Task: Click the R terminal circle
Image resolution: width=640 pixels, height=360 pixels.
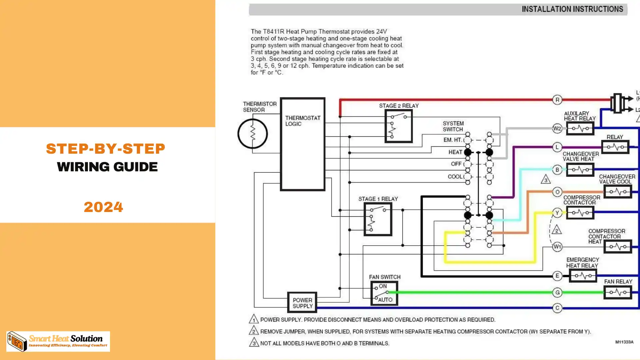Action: point(557,100)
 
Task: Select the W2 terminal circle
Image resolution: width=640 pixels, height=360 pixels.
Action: point(557,128)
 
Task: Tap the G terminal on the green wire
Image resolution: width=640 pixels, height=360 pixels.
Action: point(557,292)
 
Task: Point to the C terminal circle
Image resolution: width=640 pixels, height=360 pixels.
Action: point(557,308)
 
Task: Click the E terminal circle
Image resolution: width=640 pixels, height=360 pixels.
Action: point(557,276)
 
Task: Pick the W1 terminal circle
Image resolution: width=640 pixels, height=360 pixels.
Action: point(557,247)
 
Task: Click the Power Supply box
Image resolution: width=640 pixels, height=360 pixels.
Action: point(302,303)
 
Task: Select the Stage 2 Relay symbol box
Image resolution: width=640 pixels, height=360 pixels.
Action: point(399,126)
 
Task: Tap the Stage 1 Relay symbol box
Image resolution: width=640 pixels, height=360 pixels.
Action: point(378,219)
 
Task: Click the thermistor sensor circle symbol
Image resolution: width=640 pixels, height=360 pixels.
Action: point(253,134)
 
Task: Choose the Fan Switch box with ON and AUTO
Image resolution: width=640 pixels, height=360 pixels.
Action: point(384,293)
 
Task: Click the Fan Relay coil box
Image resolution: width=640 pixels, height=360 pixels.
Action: point(617,292)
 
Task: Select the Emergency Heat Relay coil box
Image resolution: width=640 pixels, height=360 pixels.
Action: point(583,276)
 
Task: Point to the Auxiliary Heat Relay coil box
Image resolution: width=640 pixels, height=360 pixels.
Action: point(580,128)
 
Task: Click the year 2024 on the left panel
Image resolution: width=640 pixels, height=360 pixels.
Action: point(103,207)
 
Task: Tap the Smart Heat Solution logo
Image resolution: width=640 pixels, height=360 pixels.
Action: point(58,341)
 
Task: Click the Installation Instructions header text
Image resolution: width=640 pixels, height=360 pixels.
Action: point(572,9)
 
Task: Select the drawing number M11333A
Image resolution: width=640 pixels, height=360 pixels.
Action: point(624,342)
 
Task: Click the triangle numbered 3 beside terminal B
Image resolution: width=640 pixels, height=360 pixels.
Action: point(546,180)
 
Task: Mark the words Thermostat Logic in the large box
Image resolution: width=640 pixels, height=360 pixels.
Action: point(302,121)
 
